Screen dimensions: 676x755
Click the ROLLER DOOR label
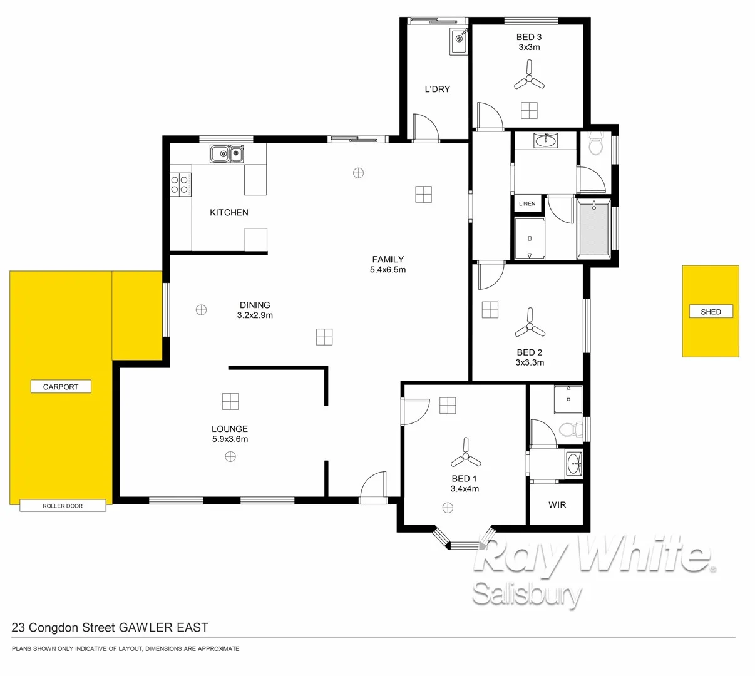click(x=63, y=506)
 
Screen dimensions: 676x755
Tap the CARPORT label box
click(x=61, y=387)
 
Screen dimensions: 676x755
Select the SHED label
click(x=711, y=312)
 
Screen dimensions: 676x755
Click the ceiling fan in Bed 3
click(x=529, y=80)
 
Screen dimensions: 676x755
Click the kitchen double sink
click(x=227, y=153)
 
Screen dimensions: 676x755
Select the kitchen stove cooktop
click(x=180, y=184)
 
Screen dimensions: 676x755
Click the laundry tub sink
click(x=459, y=42)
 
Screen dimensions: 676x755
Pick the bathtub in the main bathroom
click(x=593, y=228)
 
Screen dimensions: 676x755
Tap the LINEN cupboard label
click(x=527, y=203)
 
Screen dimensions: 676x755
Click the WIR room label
click(x=557, y=504)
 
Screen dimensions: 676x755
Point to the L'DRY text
click(x=437, y=89)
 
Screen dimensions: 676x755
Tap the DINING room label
click(x=254, y=305)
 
